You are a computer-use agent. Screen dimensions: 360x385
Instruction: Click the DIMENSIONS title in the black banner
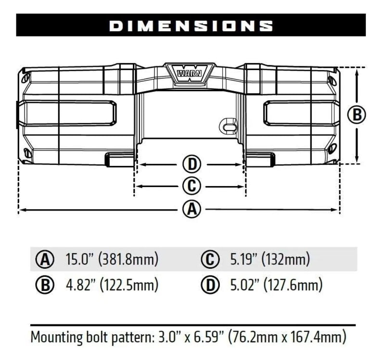[192, 25]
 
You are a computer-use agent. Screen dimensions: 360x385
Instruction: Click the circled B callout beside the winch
[357, 115]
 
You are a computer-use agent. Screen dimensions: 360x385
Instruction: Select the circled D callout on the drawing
[191, 164]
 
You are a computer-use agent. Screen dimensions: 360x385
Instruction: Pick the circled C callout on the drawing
[191, 185]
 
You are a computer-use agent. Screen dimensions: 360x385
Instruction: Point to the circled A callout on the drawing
[191, 209]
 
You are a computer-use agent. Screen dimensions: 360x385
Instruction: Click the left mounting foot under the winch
[119, 159]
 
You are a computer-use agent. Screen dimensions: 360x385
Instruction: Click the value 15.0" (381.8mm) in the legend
[112, 260]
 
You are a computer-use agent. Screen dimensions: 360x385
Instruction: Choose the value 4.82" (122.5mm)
[112, 285]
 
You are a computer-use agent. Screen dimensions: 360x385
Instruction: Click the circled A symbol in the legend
[45, 260]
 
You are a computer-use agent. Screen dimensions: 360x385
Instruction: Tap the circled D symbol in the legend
[209, 285]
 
